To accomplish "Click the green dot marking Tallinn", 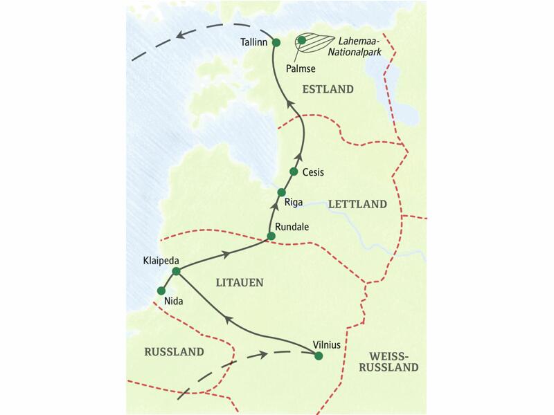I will (276, 43).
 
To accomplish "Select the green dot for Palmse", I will (302, 41).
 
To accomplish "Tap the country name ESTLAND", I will (328, 89).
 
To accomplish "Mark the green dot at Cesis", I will (294, 172).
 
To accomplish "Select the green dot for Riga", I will (281, 192).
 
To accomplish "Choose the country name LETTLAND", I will (357, 205).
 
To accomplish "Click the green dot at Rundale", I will (271, 237).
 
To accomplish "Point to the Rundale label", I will (292, 226).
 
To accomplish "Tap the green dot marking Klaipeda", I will (176, 272).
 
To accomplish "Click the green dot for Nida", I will (161, 290).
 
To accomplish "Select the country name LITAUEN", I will (238, 282).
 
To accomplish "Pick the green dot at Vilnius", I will (319, 356).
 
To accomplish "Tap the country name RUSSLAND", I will (174, 352).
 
